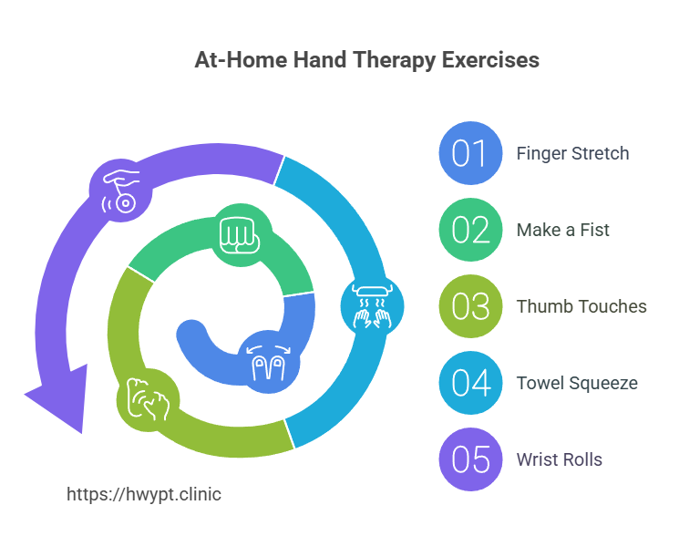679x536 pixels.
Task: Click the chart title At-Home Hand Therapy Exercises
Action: point(366,61)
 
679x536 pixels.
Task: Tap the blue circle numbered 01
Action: point(470,153)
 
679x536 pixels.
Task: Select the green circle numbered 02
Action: point(470,230)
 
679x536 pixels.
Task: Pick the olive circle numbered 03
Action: point(470,306)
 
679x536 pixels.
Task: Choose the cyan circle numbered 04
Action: point(470,383)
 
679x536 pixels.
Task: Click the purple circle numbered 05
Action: point(470,459)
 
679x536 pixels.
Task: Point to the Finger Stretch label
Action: point(572,153)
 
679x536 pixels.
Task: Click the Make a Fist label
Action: point(562,230)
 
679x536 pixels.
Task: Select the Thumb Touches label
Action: point(581,306)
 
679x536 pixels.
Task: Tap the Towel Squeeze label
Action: point(577,383)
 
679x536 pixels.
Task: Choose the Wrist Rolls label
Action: point(559,459)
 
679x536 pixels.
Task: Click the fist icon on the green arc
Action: point(241,234)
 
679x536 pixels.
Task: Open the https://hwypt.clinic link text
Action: point(144,495)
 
